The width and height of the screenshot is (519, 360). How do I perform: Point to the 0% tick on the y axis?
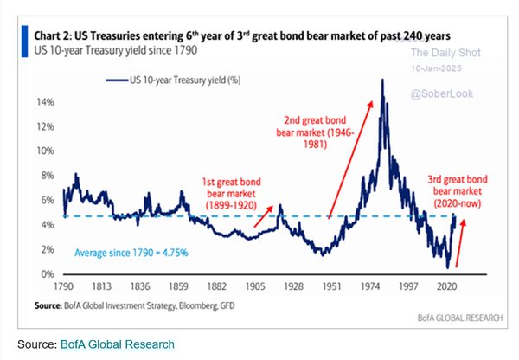(x=47, y=274)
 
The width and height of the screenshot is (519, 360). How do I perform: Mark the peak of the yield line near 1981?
(x=381, y=80)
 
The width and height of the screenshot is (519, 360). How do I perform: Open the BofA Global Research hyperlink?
(x=117, y=344)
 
